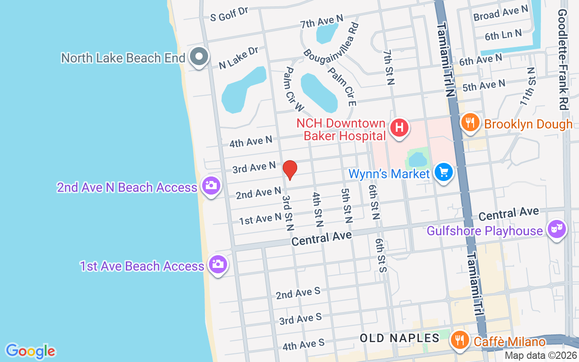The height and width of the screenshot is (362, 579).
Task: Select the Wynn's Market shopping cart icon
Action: click(444, 172)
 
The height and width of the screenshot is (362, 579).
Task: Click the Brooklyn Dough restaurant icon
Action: click(471, 122)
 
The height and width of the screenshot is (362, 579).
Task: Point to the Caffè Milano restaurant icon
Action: click(460, 339)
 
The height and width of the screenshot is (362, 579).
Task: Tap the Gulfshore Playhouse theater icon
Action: click(557, 229)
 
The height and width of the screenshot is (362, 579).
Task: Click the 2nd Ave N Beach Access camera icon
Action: click(210, 186)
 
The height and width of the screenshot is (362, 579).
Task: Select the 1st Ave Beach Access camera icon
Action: click(218, 264)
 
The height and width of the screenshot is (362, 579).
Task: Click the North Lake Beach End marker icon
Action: click(199, 57)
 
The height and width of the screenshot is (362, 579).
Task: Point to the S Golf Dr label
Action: click(230, 14)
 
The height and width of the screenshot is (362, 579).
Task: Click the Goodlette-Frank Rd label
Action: click(563, 59)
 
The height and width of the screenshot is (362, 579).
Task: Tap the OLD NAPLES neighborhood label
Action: click(399, 338)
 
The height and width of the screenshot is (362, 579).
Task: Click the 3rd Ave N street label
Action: click(254, 167)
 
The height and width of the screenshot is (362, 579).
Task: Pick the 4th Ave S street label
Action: click(304, 344)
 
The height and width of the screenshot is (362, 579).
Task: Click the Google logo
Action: click(30, 351)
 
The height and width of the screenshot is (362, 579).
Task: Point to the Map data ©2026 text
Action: click(541, 356)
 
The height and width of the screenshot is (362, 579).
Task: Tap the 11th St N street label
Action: click(527, 86)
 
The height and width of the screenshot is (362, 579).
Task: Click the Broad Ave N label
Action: click(501, 13)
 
